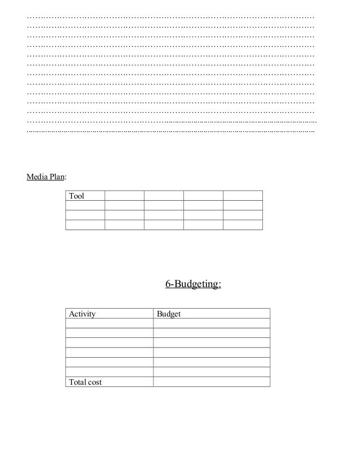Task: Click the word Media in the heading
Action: pyautogui.click(x=36, y=177)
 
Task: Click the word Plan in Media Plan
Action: pyautogui.click(x=56, y=177)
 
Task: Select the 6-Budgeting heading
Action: pyautogui.click(x=193, y=285)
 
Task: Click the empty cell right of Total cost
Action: pyautogui.click(x=212, y=382)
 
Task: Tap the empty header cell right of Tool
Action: pyautogui.click(x=124, y=196)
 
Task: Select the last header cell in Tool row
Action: pyautogui.click(x=243, y=196)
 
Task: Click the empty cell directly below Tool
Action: pyautogui.click(x=85, y=205)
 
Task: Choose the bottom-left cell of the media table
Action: pyautogui.click(x=85, y=225)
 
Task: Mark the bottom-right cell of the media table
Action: pyautogui.click(x=243, y=225)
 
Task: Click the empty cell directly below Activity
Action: pyautogui.click(x=109, y=324)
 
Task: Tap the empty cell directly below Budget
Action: pyautogui.click(x=212, y=324)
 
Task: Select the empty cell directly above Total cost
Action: pyautogui.click(x=109, y=372)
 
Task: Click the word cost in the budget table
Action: pyautogui.click(x=94, y=382)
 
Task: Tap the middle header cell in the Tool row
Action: pyautogui.click(x=164, y=196)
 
